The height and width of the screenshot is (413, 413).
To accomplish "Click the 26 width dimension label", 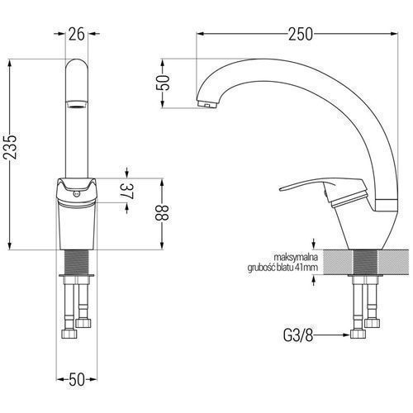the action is tap(77, 34).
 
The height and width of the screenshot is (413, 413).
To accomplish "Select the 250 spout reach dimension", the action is tap(301, 34).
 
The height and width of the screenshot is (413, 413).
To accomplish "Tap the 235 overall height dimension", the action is tap(10, 147).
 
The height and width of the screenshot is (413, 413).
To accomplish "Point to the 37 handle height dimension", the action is tap(127, 191).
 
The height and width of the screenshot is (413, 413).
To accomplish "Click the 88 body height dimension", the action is tap(162, 212).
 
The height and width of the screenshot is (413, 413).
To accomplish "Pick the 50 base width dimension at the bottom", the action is tap(77, 379).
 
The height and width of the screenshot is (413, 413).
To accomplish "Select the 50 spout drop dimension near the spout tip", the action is tap(163, 83).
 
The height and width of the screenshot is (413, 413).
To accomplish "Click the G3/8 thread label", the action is tap(298, 335).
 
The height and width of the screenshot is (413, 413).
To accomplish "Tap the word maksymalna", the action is tap(296, 258).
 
